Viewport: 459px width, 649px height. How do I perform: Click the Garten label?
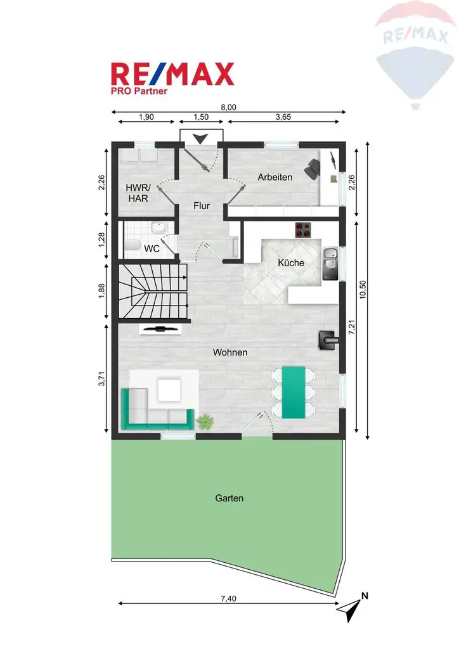pyautogui.click(x=229, y=498)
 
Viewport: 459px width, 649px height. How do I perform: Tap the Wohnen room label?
pyautogui.click(x=230, y=352)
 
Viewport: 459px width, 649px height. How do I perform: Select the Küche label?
pyautogui.click(x=291, y=262)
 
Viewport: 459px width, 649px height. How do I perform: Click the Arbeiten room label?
pyautogui.click(x=275, y=177)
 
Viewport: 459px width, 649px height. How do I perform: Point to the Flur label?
pyautogui.click(x=202, y=206)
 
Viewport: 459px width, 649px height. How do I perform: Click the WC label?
pyautogui.click(x=152, y=248)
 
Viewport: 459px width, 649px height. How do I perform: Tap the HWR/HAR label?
pyautogui.click(x=138, y=193)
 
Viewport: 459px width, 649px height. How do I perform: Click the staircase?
pyautogui.click(x=152, y=293)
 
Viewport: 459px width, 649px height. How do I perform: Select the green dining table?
pyautogui.click(x=292, y=392)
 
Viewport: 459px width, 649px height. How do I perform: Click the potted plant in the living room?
pyautogui.click(x=205, y=421)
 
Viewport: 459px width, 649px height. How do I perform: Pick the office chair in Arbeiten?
pyautogui.click(x=313, y=167)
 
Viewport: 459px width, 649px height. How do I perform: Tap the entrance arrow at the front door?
pyautogui.click(x=202, y=139)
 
